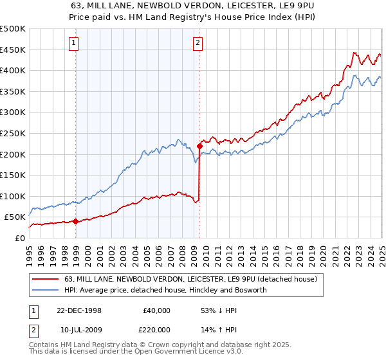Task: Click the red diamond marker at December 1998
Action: pyautogui.click(x=76, y=221)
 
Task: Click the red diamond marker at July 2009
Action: pyautogui.click(x=199, y=146)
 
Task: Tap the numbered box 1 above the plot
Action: pyautogui.click(x=74, y=44)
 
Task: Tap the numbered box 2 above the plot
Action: pyautogui.click(x=197, y=44)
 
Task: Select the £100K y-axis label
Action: pyautogui.click(x=13, y=196)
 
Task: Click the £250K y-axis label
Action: pyautogui.click(x=13, y=133)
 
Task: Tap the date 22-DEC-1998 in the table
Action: pyautogui.click(x=78, y=310)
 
